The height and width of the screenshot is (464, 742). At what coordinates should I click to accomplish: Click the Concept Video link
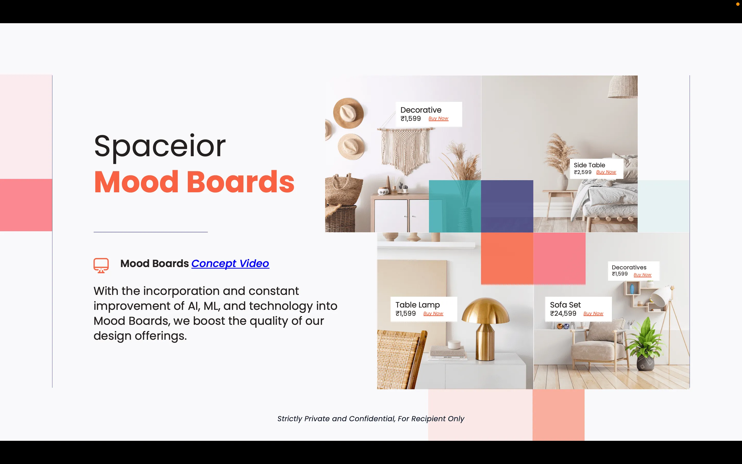(x=230, y=264)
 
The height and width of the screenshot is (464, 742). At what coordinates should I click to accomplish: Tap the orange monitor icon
(x=101, y=266)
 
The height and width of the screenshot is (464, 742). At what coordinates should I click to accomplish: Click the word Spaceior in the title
(x=160, y=146)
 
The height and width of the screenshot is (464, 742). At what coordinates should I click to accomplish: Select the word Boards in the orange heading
(x=241, y=182)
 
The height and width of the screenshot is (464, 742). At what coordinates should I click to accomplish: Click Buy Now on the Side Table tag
(x=606, y=172)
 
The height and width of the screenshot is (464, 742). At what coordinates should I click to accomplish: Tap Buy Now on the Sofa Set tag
(x=593, y=313)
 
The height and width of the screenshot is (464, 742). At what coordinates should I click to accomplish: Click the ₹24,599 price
(x=563, y=313)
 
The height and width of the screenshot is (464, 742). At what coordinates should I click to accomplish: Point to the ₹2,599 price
(x=583, y=172)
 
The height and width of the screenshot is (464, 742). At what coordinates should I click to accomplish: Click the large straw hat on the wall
(x=348, y=113)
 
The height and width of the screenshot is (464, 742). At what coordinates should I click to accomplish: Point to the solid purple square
(x=507, y=206)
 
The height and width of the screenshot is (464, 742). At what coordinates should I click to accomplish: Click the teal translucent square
(x=455, y=206)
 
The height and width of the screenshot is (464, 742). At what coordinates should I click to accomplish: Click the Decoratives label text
(x=629, y=267)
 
